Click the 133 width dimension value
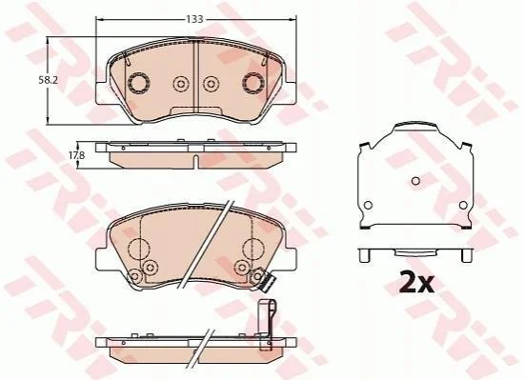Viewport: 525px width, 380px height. click(195, 19)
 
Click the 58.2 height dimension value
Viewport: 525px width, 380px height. click(45, 80)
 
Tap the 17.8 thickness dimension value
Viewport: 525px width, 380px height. click(77, 155)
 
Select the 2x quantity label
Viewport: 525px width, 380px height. click(416, 283)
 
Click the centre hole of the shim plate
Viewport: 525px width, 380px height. click(415, 181)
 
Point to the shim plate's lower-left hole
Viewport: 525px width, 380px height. click(368, 205)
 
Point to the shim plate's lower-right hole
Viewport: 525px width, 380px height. click(463, 205)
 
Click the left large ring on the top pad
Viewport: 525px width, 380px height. click(138, 83)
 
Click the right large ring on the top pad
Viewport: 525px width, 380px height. click(253, 83)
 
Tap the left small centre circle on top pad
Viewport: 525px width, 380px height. click(181, 84)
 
